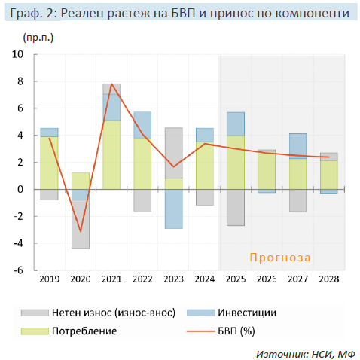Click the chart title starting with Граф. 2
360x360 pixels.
point(180,14)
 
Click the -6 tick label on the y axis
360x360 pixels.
point(19,270)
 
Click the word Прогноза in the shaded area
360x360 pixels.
point(280,258)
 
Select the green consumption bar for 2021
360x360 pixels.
point(111,154)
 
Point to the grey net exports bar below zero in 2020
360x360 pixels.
point(81,224)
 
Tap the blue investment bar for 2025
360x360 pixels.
point(236,124)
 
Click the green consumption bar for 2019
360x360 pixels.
point(49,163)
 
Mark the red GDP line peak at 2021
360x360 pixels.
point(111,84)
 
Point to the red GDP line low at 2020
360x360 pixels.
point(81,231)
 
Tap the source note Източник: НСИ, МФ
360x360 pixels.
point(305,352)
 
